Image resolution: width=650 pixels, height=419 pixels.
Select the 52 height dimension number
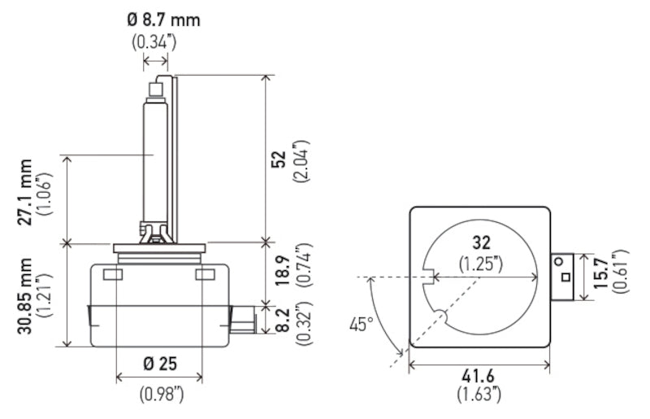(x=279, y=160)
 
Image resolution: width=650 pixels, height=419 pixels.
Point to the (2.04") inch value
(x=302, y=160)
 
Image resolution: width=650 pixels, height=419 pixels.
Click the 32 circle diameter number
(x=482, y=242)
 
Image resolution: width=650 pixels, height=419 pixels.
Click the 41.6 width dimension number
(x=479, y=377)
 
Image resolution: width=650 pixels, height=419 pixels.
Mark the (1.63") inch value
(x=479, y=395)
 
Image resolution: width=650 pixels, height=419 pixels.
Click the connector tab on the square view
(x=563, y=277)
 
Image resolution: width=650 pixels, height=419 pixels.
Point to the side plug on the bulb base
(x=241, y=318)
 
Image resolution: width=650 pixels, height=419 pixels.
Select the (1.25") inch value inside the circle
(x=482, y=263)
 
